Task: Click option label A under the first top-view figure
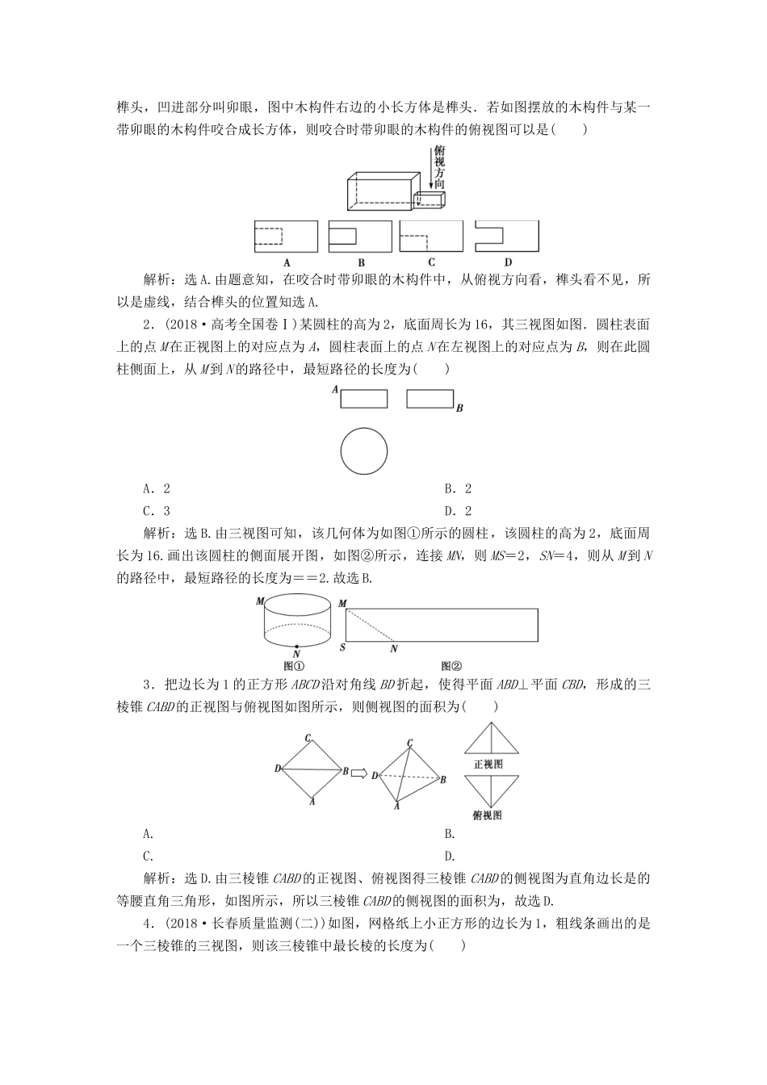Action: pos(287,262)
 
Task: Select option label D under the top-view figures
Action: pos(508,262)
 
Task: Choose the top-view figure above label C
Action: pos(431,237)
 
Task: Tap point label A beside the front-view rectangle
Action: pos(334,390)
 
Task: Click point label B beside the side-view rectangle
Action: pos(459,408)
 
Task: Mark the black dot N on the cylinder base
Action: pos(297,646)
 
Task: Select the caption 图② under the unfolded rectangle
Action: pos(451,666)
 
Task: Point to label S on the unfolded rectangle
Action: pos(342,647)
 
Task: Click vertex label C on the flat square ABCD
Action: pos(308,737)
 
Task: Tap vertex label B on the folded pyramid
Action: pos(442,779)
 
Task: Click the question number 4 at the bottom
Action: pos(146,924)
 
